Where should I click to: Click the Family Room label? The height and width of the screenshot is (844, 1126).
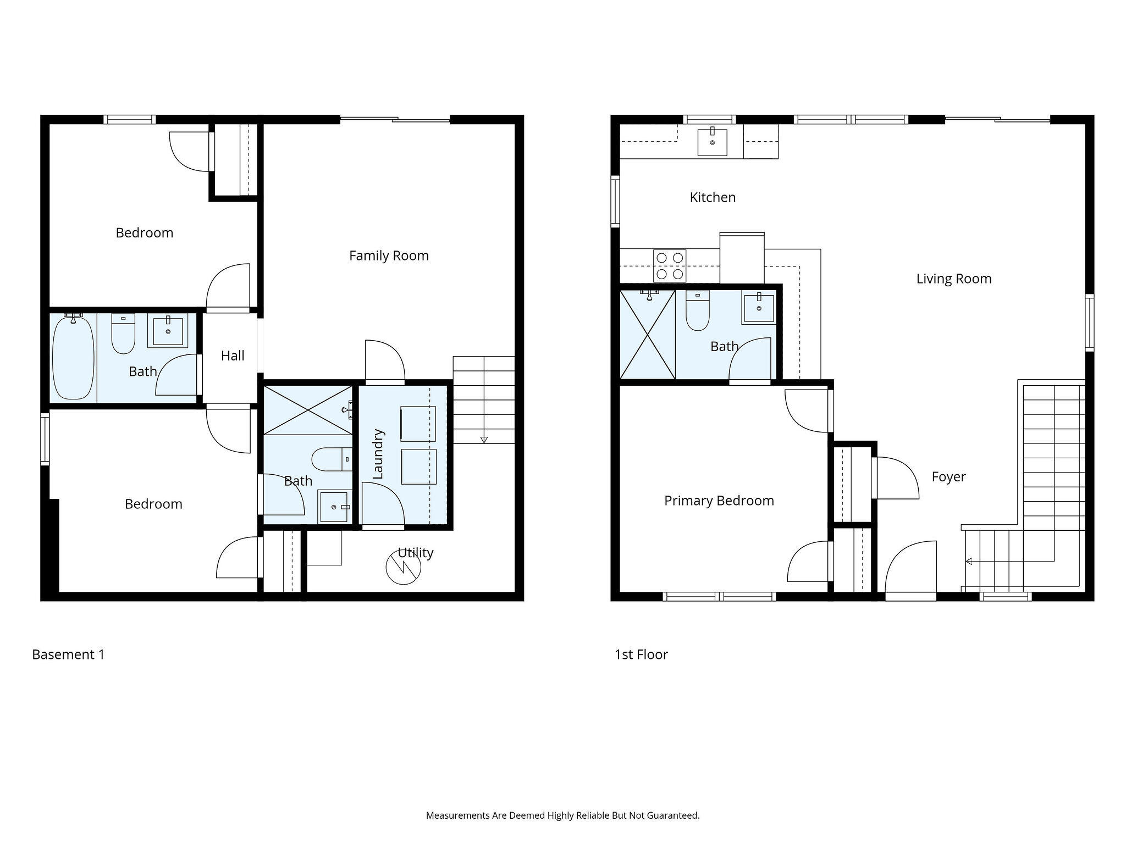389,256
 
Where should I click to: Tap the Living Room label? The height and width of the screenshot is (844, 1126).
954,279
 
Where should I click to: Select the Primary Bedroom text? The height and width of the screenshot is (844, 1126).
719,501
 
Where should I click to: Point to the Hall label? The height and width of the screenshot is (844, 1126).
233,356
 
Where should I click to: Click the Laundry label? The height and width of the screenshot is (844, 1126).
378,454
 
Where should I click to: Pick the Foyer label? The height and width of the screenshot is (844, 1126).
948,477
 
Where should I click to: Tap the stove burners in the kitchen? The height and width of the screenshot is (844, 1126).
670,265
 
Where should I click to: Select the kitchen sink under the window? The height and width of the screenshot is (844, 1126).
712,142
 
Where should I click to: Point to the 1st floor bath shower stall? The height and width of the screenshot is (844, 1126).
648,335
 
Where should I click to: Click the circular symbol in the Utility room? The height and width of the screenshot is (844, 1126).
404,567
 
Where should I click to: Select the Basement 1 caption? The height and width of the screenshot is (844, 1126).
68,654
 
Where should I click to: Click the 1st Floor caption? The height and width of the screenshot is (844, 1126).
641,654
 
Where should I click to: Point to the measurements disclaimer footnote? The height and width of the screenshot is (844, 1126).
563,815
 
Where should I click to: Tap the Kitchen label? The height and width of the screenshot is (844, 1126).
713,197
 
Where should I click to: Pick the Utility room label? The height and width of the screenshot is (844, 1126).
416,553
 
